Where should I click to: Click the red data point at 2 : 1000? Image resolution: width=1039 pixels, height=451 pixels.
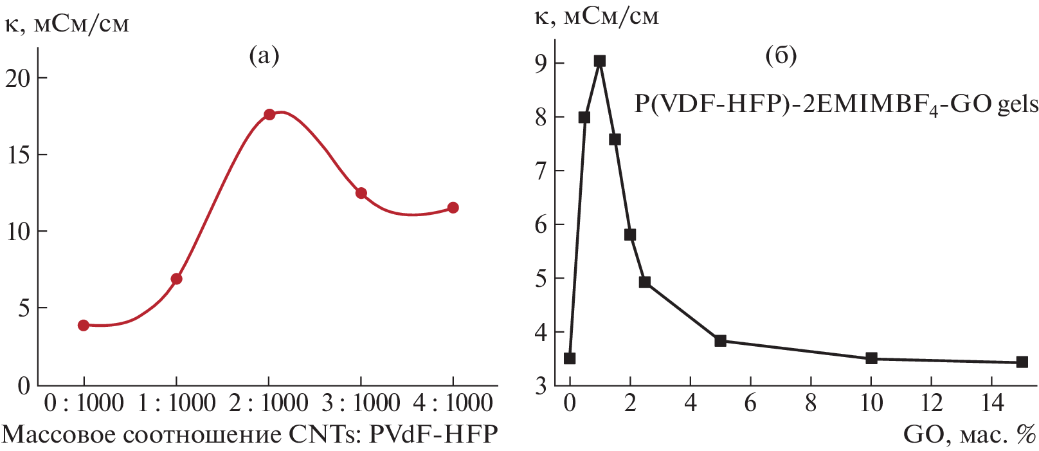click(269, 115)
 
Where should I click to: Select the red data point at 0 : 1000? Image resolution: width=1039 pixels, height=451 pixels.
click(84, 326)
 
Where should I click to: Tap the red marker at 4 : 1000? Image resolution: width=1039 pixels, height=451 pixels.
click(453, 208)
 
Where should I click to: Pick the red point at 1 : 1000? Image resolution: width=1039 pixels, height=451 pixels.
click(177, 279)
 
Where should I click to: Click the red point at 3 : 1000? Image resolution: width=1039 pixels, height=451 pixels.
click(361, 193)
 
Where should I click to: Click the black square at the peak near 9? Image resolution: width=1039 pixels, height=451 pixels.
click(600, 61)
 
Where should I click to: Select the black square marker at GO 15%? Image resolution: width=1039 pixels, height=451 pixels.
click(1022, 362)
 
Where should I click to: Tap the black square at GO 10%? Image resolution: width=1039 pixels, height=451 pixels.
click(872, 358)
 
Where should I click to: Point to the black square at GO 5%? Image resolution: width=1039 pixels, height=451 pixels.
click(721, 341)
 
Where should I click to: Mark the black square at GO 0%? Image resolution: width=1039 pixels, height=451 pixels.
click(570, 358)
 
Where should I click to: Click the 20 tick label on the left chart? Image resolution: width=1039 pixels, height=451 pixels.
click(18, 78)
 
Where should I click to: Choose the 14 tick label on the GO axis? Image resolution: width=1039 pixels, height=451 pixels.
click(993, 403)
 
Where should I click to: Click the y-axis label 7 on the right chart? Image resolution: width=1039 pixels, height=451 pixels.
click(541, 171)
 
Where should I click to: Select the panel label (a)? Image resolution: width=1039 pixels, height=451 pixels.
click(264, 56)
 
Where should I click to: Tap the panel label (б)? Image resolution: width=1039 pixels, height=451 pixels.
click(781, 56)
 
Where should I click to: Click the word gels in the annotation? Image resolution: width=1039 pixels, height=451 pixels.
click(1018, 104)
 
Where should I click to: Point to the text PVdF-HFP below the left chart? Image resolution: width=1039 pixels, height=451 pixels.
click(433, 435)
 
